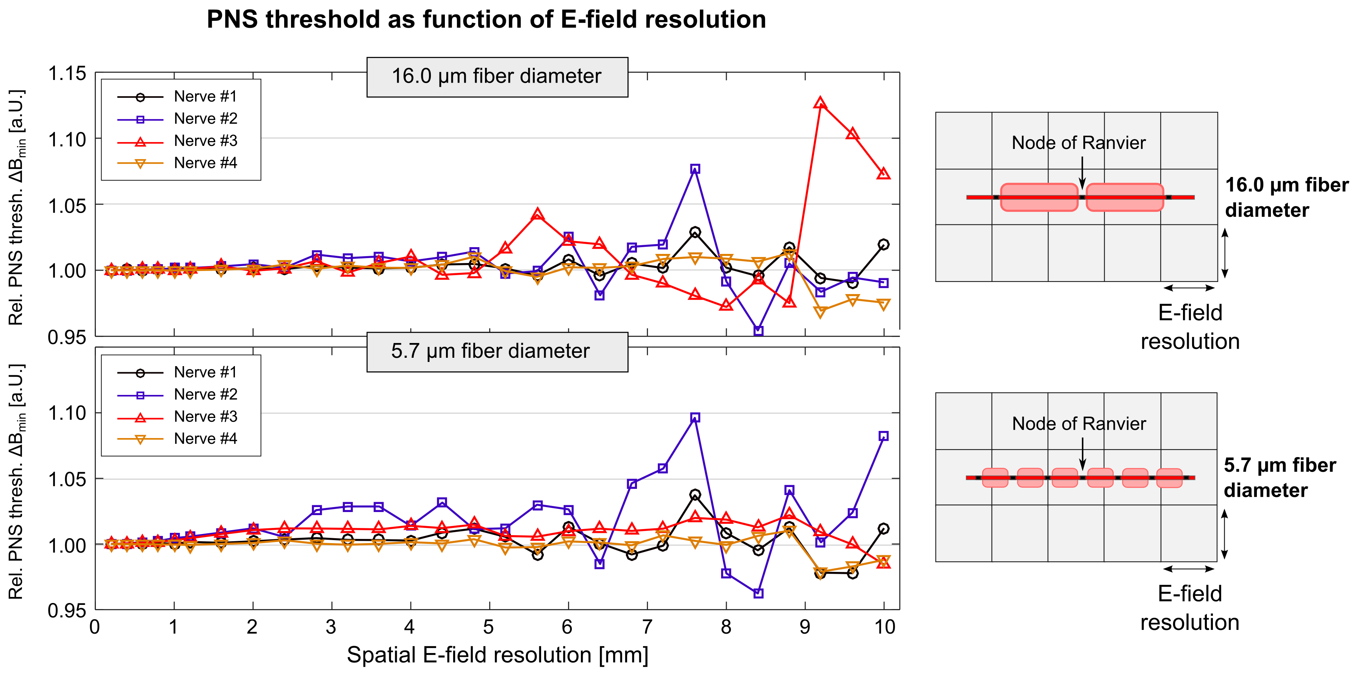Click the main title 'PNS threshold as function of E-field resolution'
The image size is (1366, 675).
[486, 20]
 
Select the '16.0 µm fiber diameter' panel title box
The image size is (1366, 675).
[497, 77]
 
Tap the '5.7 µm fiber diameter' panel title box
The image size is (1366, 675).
[497, 352]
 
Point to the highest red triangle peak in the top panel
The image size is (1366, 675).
[820, 103]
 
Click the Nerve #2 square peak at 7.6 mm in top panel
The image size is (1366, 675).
[695, 169]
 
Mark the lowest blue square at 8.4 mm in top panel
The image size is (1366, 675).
[758, 331]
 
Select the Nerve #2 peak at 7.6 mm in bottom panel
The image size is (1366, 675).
[695, 418]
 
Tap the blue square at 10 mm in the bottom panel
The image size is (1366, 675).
[883, 436]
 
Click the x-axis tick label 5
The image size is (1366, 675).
[488, 627]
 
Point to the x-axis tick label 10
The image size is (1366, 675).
[884, 627]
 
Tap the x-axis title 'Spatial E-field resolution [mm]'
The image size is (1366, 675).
[498, 655]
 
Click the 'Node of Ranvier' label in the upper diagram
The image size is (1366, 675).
[1078, 143]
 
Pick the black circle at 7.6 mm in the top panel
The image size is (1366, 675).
[695, 232]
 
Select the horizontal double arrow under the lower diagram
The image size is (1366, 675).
[1189, 569]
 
